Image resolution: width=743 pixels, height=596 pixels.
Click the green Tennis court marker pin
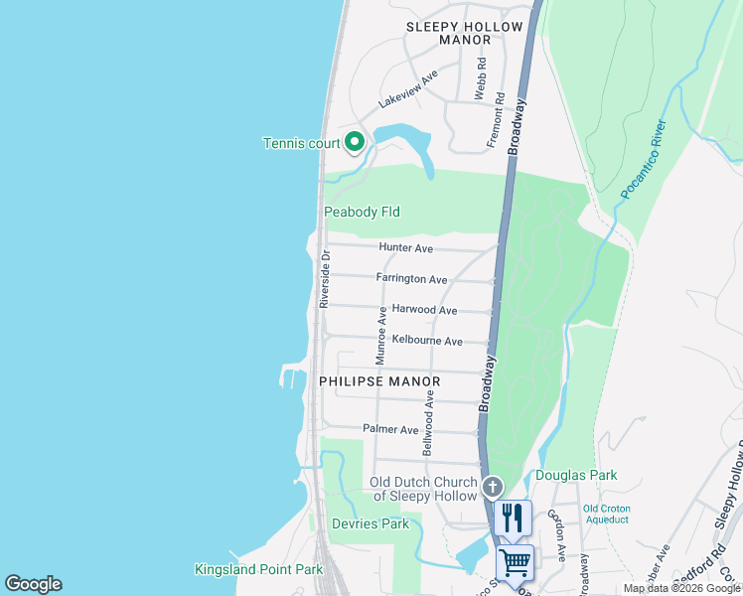click(355, 143)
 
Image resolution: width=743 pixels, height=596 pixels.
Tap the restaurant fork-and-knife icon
click(513, 518)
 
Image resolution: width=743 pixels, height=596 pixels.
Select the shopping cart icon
click(515, 562)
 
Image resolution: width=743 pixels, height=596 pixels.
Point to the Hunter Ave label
click(405, 247)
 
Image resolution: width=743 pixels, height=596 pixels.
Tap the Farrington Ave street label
click(411, 280)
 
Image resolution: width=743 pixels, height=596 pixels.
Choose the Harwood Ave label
click(424, 310)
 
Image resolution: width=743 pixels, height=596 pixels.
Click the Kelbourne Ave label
click(427, 341)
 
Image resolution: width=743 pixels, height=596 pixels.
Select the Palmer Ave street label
click(390, 429)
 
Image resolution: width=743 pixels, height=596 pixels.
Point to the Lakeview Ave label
click(408, 89)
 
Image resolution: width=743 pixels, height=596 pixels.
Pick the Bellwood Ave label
click(429, 422)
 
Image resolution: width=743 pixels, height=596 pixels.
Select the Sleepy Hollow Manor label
click(449, 33)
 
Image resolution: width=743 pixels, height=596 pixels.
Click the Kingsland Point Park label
click(258, 569)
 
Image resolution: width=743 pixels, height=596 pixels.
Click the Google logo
click(33, 584)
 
